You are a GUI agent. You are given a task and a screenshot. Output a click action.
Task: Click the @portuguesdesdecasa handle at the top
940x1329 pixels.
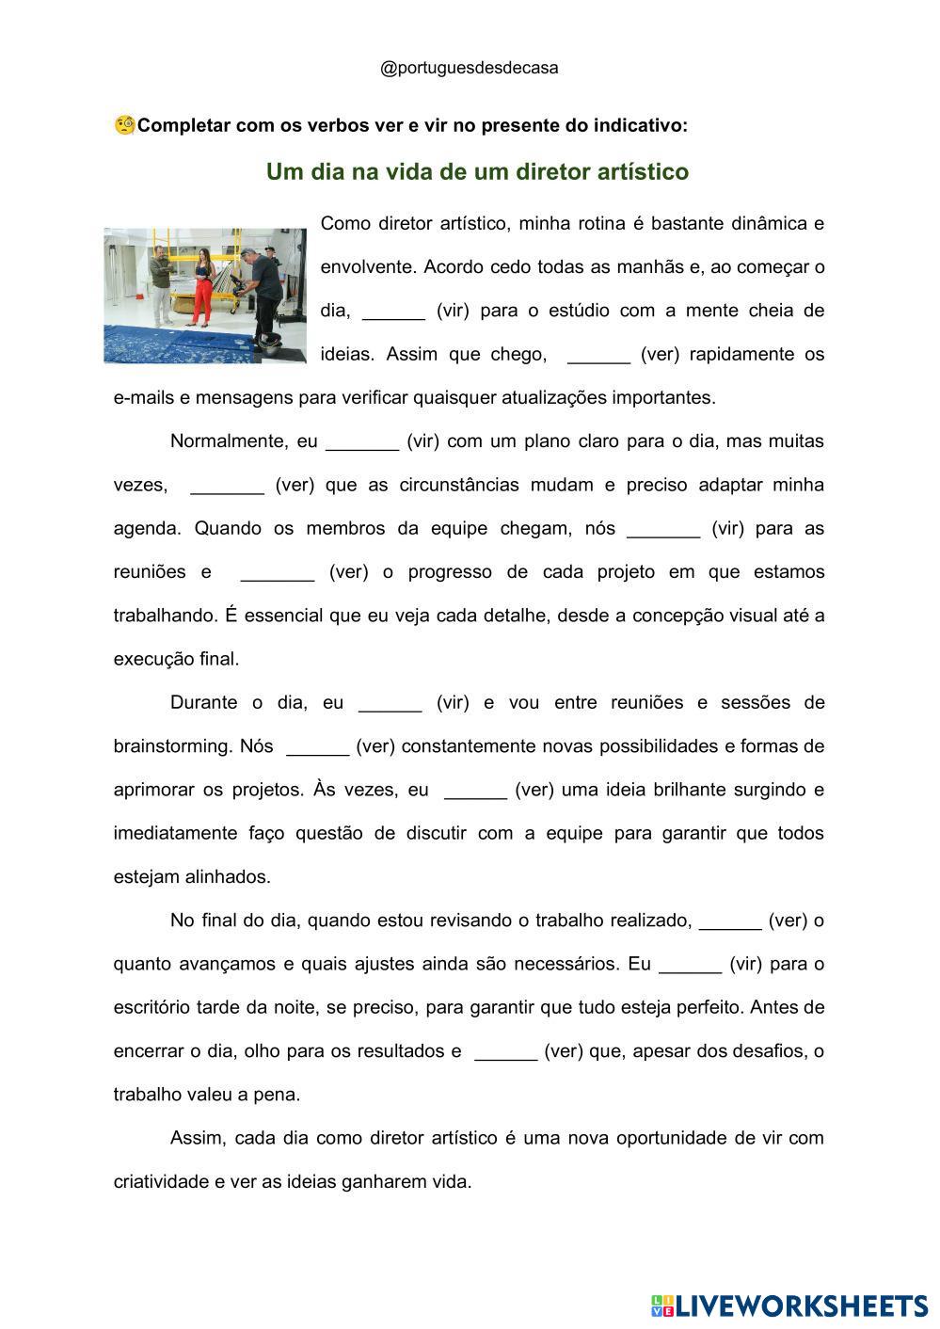[x=469, y=68]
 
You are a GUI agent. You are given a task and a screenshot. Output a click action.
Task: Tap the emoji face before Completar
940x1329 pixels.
[x=125, y=125]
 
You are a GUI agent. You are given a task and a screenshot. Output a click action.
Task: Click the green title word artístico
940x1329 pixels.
[x=640, y=172]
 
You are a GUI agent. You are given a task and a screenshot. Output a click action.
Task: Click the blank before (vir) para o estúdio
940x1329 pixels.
[x=393, y=312]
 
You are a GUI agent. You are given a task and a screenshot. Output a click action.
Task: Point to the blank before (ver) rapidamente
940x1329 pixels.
[x=599, y=355]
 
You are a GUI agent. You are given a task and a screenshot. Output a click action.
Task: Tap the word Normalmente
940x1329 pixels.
[x=229, y=441]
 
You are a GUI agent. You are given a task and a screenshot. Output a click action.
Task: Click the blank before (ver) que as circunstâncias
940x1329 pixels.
[x=227, y=486]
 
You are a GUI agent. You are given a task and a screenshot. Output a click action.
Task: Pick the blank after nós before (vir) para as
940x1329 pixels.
[x=663, y=529]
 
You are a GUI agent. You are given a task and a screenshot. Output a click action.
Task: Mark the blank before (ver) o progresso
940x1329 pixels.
[x=277, y=572]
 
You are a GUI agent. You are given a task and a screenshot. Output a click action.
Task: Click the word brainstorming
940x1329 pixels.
[x=172, y=746]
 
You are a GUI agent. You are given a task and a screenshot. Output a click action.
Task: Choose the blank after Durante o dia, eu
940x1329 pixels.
[x=390, y=703]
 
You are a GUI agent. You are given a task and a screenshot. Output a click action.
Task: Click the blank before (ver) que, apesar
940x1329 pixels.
[x=505, y=1051]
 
